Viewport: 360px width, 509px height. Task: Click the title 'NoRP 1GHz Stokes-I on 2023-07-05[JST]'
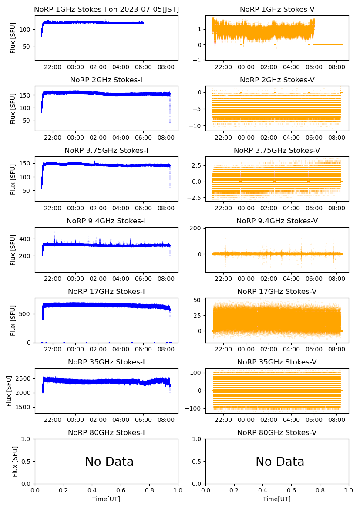106,9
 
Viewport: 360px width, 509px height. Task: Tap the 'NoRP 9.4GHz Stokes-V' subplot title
277,221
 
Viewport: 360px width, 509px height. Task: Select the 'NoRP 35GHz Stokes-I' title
106,362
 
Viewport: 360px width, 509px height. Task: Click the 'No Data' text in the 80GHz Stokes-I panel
109,462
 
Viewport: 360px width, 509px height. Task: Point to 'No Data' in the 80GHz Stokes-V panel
280,462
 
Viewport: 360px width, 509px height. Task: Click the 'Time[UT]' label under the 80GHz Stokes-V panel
277,499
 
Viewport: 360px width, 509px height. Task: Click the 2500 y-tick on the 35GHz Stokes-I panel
24,378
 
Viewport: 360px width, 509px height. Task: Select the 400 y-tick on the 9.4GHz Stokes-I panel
26,239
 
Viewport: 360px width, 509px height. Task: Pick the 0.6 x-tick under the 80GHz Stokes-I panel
121,491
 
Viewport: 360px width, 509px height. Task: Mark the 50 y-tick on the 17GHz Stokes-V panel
200,300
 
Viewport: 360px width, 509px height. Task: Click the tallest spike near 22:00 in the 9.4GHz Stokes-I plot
54,232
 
